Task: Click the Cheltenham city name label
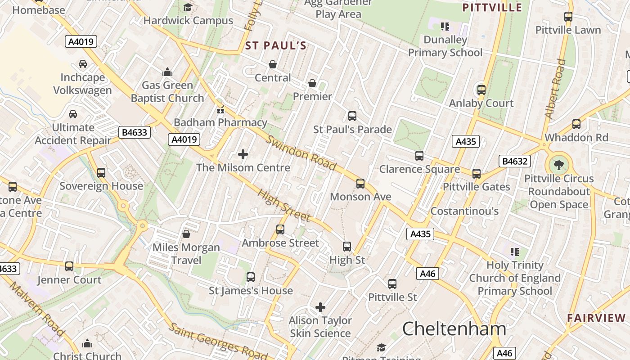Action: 454,329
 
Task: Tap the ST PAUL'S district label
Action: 276,45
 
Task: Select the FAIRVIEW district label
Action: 596,318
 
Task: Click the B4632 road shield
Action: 515,161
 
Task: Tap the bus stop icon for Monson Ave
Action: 360,184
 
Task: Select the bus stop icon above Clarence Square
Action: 419,156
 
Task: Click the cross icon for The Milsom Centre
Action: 243,155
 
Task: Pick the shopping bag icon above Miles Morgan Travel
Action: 186,234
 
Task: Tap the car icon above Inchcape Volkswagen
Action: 83,64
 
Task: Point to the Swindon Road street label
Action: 301,153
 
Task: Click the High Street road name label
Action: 283,206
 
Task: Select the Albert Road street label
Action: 555,89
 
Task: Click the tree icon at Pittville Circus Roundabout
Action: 559,165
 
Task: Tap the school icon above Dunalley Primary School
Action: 445,27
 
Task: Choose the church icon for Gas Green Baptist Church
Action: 167,72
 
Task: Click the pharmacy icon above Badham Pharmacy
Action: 220,109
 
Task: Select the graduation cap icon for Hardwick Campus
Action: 188,8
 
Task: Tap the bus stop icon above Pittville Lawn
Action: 568,17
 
